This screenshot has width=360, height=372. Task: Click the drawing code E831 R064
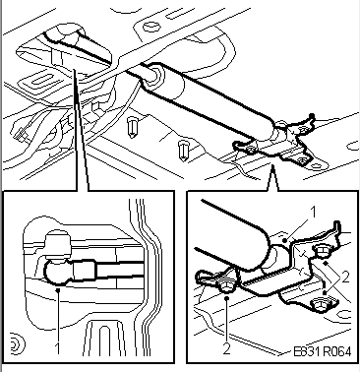[x=321, y=359]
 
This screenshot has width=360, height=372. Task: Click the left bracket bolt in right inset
[x=225, y=286]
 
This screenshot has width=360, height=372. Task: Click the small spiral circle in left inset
[x=15, y=341]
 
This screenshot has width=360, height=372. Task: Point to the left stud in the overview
[x=132, y=126]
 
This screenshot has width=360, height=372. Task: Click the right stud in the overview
[x=183, y=150]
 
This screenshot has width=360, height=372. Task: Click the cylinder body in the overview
[x=211, y=102]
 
